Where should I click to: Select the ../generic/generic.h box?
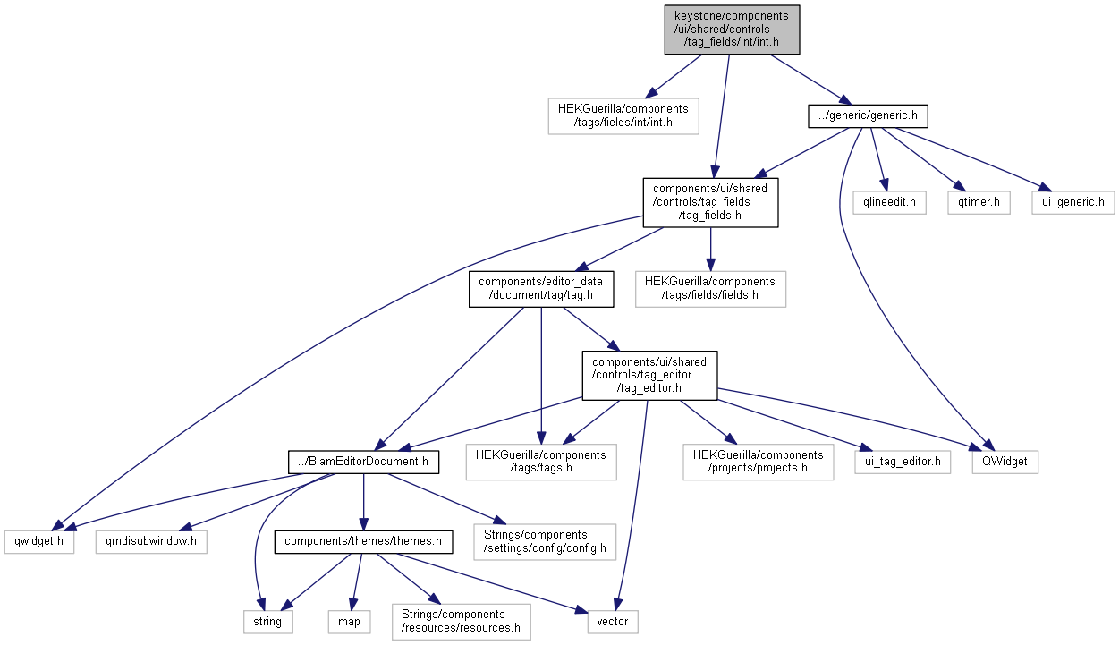(x=867, y=115)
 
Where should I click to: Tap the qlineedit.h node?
(x=889, y=203)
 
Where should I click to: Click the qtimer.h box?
(x=979, y=203)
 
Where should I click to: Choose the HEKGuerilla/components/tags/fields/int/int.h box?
(x=623, y=115)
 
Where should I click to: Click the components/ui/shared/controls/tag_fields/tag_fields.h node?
(x=710, y=202)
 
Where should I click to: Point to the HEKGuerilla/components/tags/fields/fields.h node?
(x=710, y=289)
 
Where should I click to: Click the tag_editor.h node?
(x=649, y=375)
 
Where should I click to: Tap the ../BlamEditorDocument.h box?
(x=363, y=462)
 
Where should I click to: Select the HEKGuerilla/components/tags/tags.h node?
(x=540, y=462)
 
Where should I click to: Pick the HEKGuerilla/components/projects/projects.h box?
(x=758, y=462)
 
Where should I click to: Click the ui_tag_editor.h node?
(x=902, y=462)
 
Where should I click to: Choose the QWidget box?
(x=1005, y=462)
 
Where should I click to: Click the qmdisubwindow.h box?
(x=150, y=542)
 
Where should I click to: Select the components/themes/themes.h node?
(x=362, y=542)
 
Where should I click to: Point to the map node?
(x=349, y=621)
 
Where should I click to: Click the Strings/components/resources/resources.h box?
(x=461, y=621)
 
